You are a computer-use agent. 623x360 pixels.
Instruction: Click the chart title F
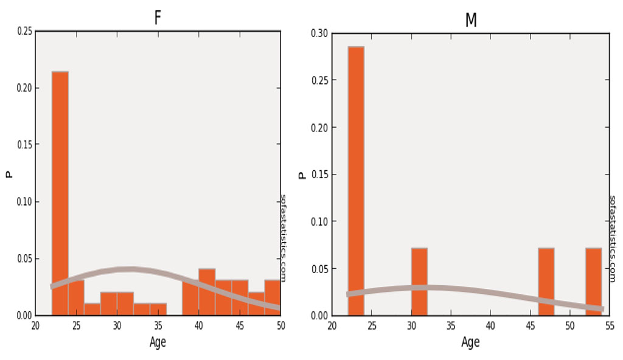coord(158,18)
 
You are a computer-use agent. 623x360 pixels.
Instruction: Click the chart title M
coord(470,20)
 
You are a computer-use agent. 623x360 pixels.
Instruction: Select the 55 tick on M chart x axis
coord(609,326)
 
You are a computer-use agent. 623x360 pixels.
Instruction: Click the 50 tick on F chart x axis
coord(280,326)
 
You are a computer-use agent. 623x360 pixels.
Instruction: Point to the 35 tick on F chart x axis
coord(158,326)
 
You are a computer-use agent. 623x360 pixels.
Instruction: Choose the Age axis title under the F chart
coord(158,342)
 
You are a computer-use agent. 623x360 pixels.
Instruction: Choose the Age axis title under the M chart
coord(470,342)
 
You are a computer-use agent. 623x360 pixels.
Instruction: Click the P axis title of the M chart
coord(302,175)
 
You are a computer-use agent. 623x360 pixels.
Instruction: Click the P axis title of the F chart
coord(9,174)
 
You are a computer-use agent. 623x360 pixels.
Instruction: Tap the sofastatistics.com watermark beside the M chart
coord(613,238)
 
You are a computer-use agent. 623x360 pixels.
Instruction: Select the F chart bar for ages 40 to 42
coord(207,292)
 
